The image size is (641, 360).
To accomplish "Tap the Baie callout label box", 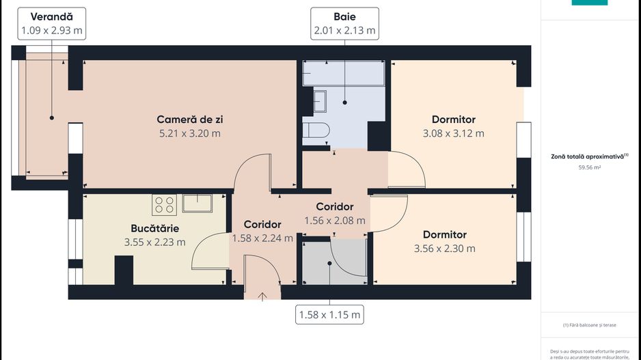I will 344,23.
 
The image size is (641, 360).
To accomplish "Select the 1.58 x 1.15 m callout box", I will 329,315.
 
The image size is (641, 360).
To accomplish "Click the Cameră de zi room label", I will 189,119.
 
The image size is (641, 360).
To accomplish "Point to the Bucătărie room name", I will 154,228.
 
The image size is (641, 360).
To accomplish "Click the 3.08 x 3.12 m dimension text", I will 453,133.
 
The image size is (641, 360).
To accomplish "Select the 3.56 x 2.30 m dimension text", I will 444,249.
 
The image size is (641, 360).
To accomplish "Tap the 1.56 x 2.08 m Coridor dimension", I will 334,221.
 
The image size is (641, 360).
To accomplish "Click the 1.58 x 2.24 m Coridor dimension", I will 262,238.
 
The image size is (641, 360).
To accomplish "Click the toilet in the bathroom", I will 316,130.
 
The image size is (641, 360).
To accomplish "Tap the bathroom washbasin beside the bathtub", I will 319,101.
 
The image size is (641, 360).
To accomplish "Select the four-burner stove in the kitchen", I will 164,204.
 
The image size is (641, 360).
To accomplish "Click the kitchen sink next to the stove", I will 197,203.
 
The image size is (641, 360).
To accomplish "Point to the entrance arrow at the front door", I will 262,295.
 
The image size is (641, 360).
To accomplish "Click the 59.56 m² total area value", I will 589,167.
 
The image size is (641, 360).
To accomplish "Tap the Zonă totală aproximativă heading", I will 589,156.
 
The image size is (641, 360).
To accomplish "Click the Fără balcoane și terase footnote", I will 589,324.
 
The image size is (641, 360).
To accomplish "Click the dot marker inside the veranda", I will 51,118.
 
